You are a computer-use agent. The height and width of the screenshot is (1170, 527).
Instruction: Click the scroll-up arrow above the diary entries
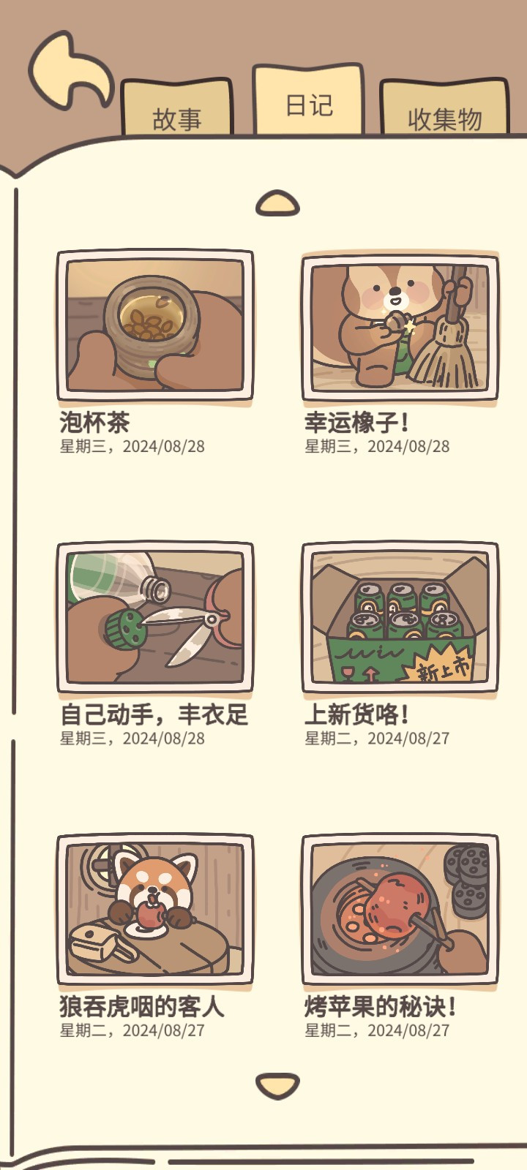277,203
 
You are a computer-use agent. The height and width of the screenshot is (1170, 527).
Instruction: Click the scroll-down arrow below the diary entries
277,1086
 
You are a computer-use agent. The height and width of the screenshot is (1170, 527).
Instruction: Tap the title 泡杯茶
94,422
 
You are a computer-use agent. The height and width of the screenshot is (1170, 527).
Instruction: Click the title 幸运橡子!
356,422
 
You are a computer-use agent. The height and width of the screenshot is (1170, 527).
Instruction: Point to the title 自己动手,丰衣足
154,714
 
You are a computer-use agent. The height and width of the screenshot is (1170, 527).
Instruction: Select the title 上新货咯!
356,714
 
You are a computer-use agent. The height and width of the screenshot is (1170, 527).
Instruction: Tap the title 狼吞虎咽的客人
142,1006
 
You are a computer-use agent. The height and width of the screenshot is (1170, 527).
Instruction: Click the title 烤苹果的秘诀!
380,1006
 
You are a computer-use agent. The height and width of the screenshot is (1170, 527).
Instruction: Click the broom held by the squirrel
447,334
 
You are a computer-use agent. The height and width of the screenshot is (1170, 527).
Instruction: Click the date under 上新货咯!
377,738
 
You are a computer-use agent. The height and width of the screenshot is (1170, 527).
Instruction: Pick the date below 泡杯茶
132,446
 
